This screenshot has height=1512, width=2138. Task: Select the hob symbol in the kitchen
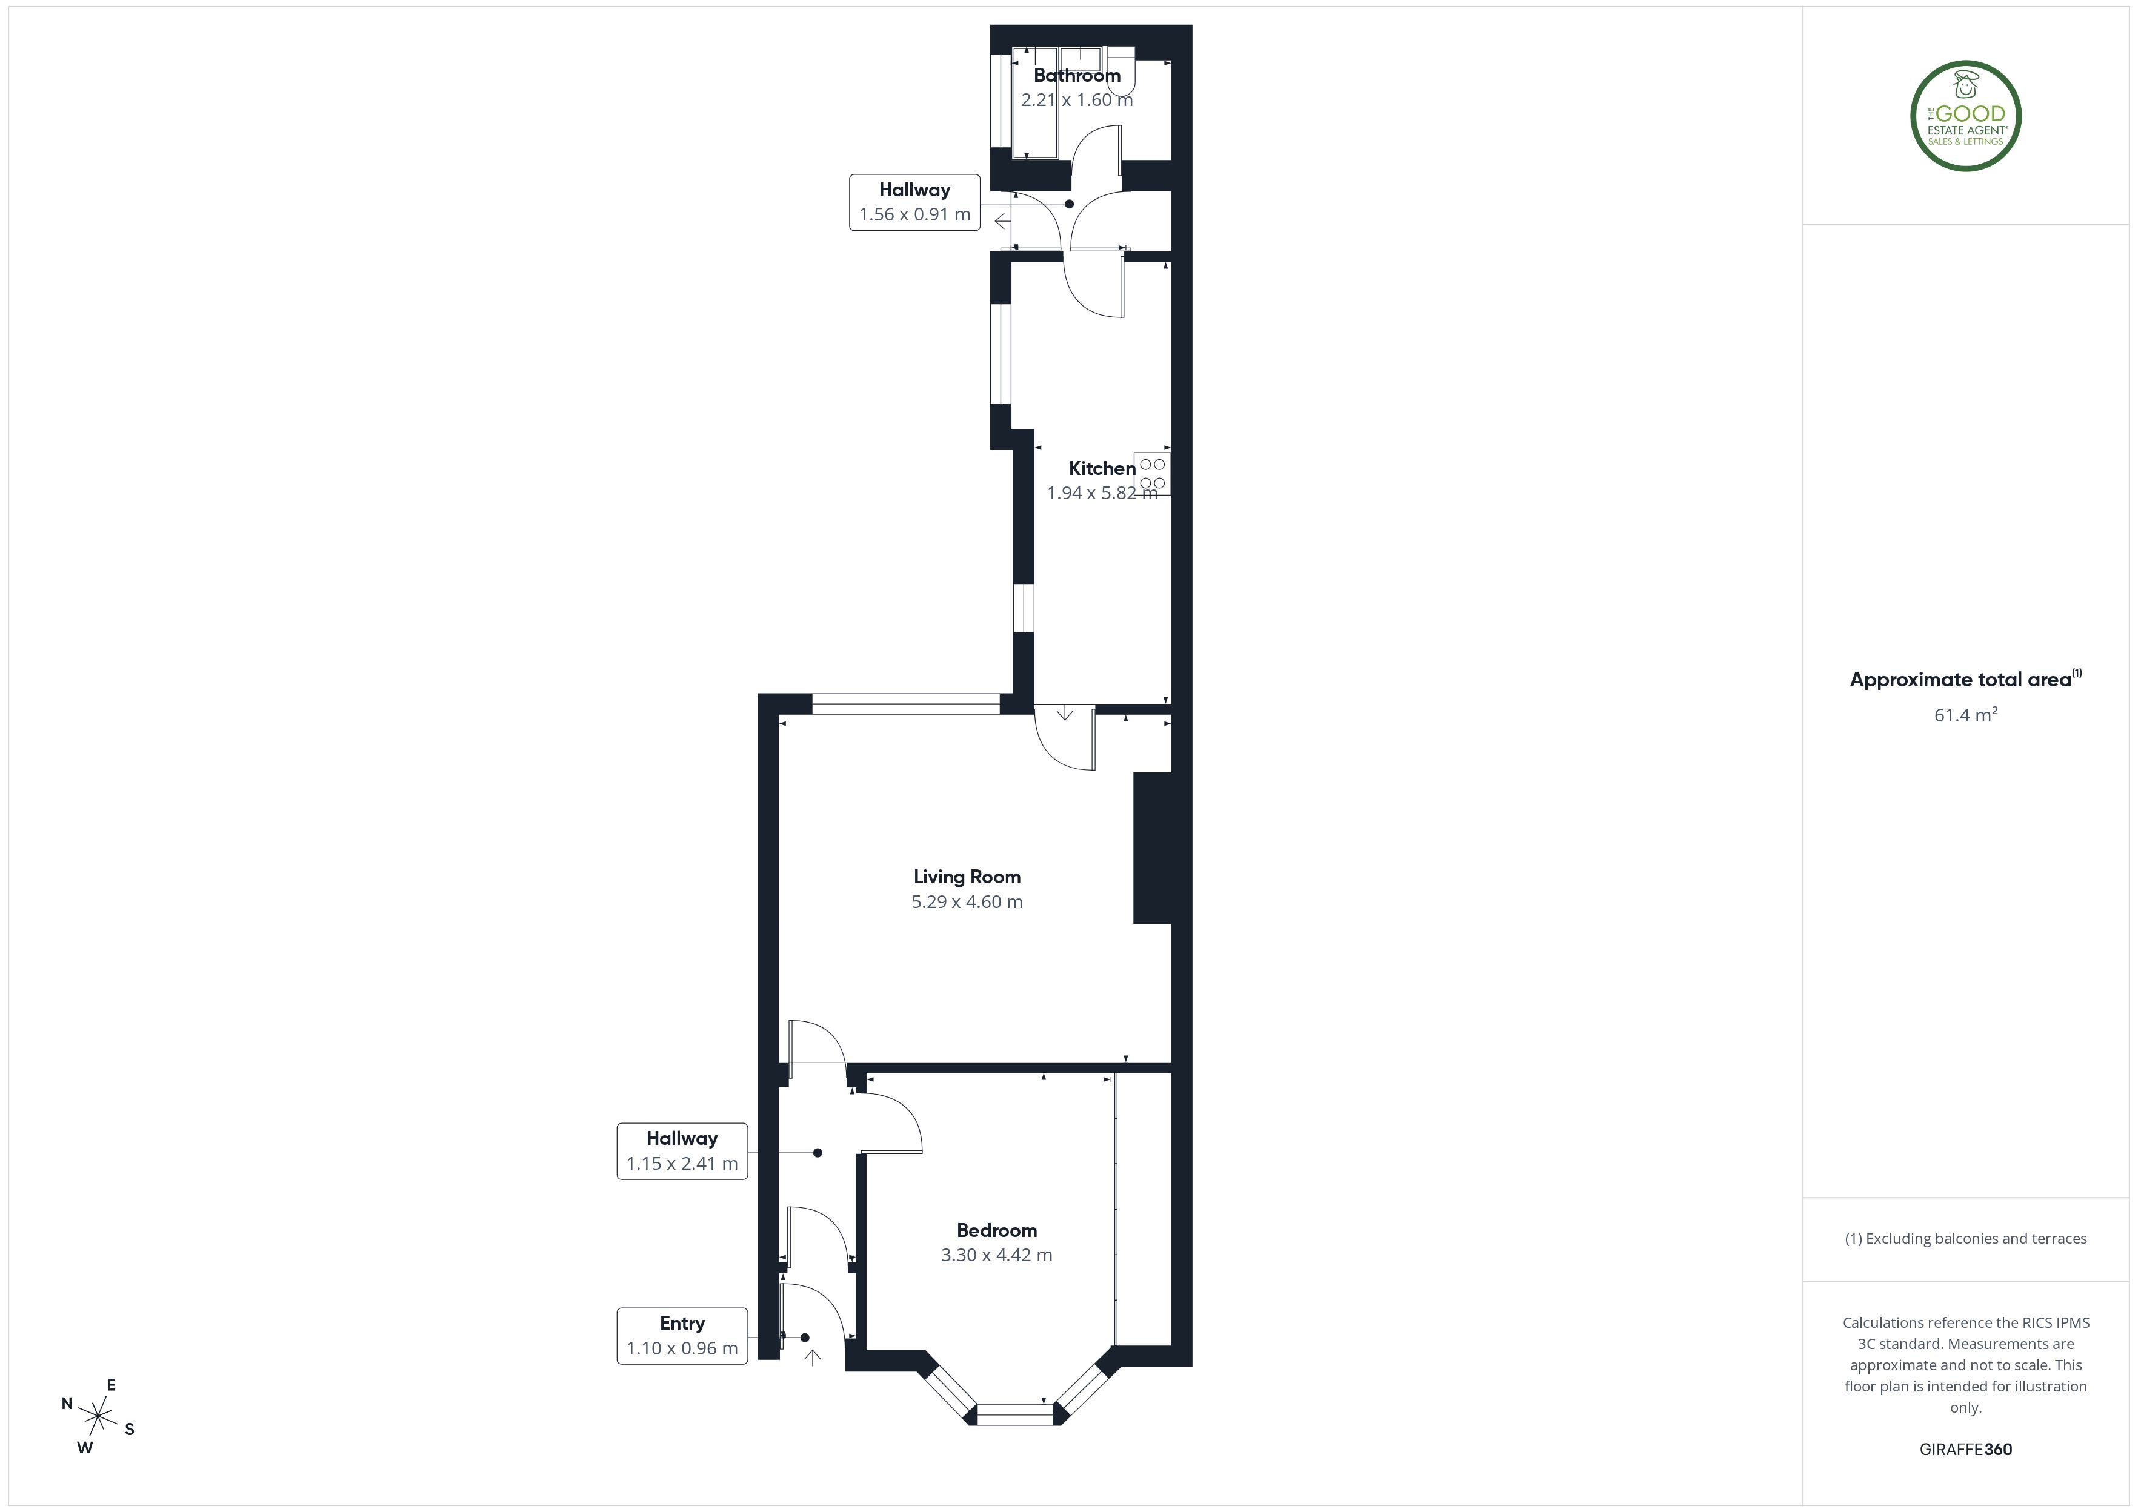[1153, 473]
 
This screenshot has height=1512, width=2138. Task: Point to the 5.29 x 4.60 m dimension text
[967, 901]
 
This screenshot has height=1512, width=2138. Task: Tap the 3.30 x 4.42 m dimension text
[996, 1255]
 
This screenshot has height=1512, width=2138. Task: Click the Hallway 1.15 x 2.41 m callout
[682, 1151]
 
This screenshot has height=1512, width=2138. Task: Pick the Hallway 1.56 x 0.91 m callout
[914, 202]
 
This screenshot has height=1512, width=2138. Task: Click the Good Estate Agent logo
[1966, 116]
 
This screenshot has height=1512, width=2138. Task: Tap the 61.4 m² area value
[1966, 714]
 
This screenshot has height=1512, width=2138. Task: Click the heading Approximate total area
[1960, 680]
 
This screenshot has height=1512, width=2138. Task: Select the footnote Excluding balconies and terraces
[1966, 1238]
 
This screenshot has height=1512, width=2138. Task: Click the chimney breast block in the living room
[1152, 848]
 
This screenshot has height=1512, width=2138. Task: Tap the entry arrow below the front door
[812, 1358]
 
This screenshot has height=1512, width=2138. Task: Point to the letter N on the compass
[67, 1403]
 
